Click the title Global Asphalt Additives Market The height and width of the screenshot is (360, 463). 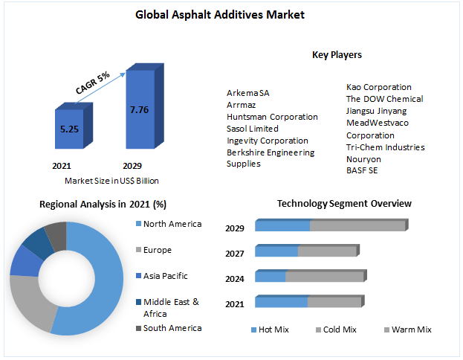[230, 14]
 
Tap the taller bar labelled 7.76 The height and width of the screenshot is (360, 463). [139, 109]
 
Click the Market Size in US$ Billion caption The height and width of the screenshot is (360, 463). [111, 180]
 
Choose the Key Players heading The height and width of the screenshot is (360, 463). [337, 54]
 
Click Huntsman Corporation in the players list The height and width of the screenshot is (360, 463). [272, 117]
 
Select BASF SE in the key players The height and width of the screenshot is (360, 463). [362, 170]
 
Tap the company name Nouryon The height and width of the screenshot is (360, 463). [363, 158]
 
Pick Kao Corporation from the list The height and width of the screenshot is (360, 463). [378, 87]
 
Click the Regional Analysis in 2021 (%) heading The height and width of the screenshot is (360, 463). [103, 204]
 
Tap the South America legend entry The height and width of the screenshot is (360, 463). [171, 328]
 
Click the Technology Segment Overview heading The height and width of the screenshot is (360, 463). [344, 203]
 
